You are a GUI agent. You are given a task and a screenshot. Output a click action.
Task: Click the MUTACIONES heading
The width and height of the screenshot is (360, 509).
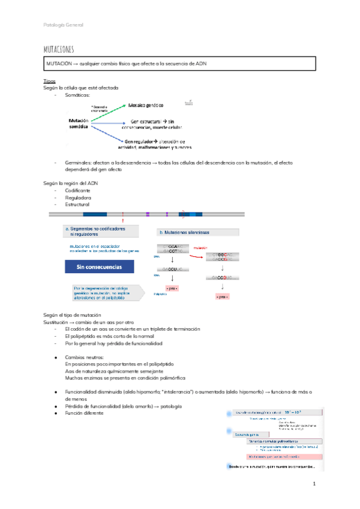(x=59, y=48)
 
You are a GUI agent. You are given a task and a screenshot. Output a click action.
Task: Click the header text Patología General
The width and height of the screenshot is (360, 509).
(x=64, y=25)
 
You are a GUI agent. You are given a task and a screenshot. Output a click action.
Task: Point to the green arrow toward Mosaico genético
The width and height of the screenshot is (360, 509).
(x=108, y=112)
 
